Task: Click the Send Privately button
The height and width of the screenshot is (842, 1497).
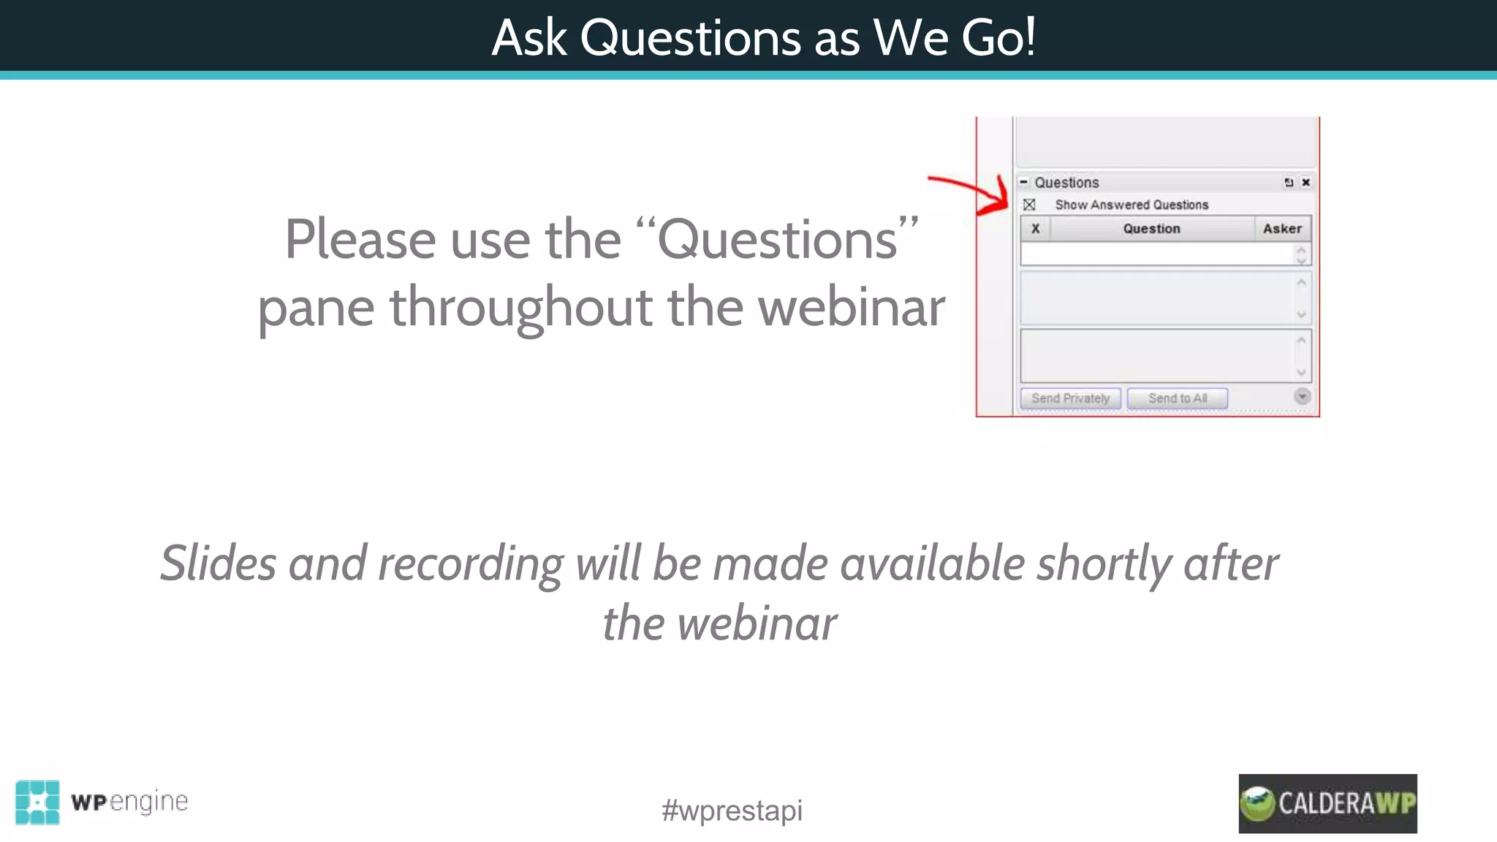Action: click(1070, 398)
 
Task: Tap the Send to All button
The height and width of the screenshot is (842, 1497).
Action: click(1177, 398)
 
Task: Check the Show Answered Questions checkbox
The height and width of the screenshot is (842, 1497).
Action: click(1029, 205)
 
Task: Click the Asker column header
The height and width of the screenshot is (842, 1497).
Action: click(1282, 229)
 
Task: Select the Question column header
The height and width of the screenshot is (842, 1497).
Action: click(1151, 229)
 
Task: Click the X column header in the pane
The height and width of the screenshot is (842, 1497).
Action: click(1035, 229)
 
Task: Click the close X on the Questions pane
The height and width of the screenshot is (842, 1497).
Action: click(1305, 183)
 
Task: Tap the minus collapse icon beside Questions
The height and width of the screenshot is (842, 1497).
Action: click(1024, 182)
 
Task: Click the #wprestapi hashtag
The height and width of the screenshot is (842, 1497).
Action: click(732, 811)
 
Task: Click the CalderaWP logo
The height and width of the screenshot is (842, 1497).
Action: click(1327, 803)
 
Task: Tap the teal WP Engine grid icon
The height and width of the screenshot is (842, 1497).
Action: click(37, 802)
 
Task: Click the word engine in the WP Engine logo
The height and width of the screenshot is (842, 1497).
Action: click(149, 802)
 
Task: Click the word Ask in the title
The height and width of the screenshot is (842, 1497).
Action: click(529, 37)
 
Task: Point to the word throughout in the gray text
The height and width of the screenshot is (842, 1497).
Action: click(520, 308)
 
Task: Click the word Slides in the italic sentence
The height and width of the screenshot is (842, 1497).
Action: click(218, 564)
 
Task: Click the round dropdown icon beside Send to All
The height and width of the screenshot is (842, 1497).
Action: click(1302, 396)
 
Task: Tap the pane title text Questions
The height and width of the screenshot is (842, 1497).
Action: click(1066, 183)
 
